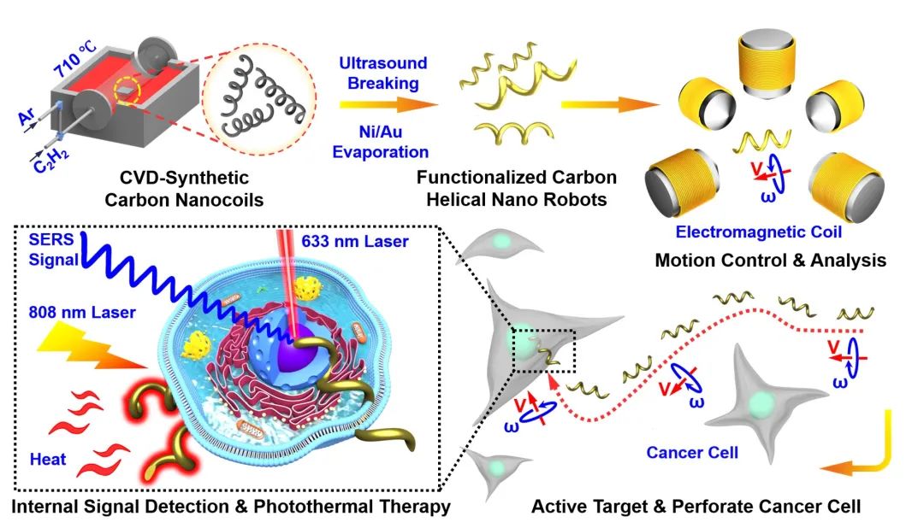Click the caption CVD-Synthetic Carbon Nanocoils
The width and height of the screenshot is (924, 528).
tap(187, 189)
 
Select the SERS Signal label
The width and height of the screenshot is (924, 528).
tap(49, 249)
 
